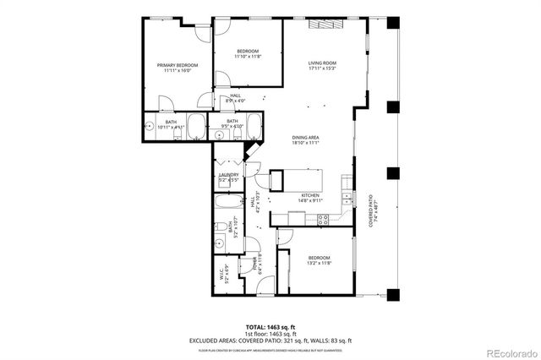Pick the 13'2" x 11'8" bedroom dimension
pos(319,263)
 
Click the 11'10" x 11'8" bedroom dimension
pos(248,57)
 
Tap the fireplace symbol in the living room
pos(325,25)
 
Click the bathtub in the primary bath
pos(195,127)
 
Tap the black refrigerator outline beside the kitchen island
pos(276,181)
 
